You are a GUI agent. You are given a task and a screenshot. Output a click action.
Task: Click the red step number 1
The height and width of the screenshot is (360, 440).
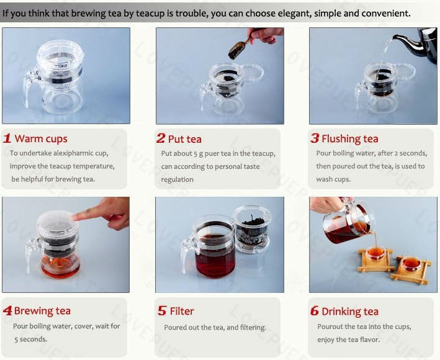pyautogui.click(x=7, y=138)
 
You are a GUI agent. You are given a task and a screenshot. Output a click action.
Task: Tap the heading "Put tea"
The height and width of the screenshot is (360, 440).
pyautogui.click(x=185, y=139)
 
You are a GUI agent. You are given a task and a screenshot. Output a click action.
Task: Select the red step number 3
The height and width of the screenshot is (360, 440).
pyautogui.click(x=315, y=138)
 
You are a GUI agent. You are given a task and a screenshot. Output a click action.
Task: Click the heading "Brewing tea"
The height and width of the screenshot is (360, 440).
pyautogui.click(x=42, y=311)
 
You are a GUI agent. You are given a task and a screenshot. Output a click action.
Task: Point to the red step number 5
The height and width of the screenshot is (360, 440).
pyautogui.click(x=162, y=311)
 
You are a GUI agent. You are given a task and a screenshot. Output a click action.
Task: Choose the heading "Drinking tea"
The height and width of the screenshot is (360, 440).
pyautogui.click(x=350, y=312)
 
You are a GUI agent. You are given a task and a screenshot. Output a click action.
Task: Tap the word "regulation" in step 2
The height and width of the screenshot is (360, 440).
pyautogui.click(x=177, y=179)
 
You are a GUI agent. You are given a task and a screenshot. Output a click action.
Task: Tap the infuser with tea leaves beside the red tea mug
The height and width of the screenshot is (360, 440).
pyautogui.click(x=253, y=228)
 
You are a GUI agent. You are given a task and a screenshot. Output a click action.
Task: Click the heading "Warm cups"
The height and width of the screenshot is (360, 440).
pyautogui.click(x=41, y=139)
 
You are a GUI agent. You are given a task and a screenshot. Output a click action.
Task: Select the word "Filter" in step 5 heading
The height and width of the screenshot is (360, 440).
pyautogui.click(x=182, y=311)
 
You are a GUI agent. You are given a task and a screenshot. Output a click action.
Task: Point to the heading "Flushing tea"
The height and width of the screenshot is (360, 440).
pyautogui.click(x=350, y=139)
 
